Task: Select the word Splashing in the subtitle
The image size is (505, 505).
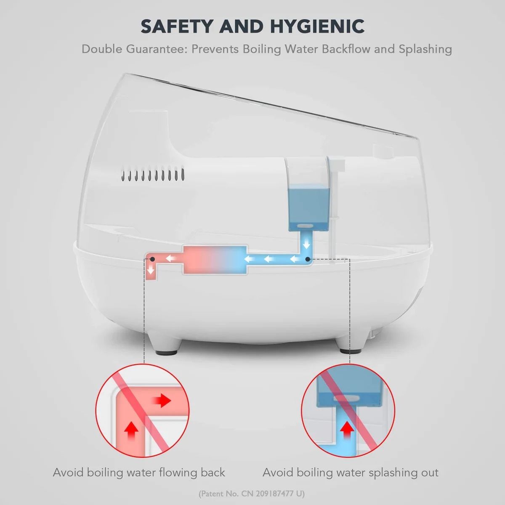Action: pyautogui.click(x=425, y=49)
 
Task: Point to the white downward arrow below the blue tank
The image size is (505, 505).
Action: pyautogui.click(x=307, y=245)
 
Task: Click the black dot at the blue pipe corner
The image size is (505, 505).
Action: pyautogui.click(x=308, y=260)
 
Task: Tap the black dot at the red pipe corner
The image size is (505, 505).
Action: pyautogui.click(x=152, y=259)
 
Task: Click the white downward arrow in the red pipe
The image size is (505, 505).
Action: pyautogui.click(x=150, y=271)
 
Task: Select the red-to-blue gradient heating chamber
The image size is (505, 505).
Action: pyautogui.click(x=215, y=260)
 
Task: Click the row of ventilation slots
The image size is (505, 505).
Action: pyautogui.click(x=152, y=174)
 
